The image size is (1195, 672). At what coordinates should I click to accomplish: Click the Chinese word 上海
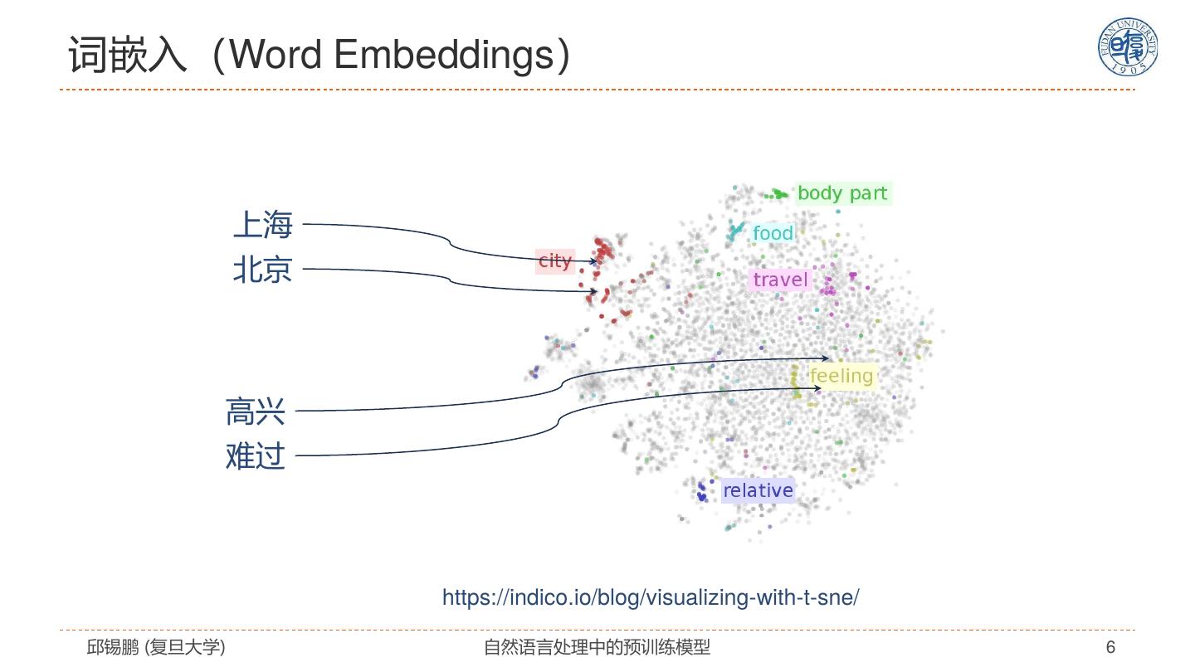click(x=262, y=224)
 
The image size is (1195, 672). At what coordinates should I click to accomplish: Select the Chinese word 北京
click(x=262, y=270)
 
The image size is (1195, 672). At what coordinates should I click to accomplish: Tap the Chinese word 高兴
click(x=256, y=411)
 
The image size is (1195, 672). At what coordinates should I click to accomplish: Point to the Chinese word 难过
click(x=256, y=456)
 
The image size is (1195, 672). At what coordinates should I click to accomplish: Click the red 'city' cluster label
click(x=555, y=261)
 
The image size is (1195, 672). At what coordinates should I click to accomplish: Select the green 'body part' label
click(x=842, y=193)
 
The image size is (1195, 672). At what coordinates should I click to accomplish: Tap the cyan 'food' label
click(x=773, y=233)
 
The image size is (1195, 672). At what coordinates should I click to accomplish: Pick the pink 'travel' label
click(x=780, y=280)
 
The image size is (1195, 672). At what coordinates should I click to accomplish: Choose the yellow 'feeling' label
click(x=841, y=376)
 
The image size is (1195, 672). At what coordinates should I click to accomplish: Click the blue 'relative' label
click(x=758, y=490)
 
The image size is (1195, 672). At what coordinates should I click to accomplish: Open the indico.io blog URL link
click(x=651, y=597)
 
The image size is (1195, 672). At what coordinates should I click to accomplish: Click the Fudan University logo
click(x=1127, y=47)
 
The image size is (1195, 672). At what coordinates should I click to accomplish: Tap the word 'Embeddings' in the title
click(x=442, y=56)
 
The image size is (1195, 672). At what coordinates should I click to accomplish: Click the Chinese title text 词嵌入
click(x=128, y=56)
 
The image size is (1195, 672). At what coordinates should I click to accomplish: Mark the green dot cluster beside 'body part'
click(x=778, y=194)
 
